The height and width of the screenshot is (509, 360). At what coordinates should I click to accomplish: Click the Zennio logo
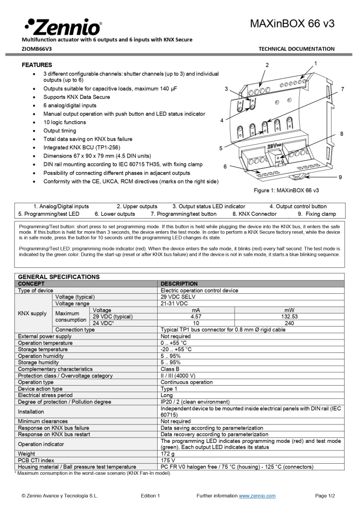tap(63, 26)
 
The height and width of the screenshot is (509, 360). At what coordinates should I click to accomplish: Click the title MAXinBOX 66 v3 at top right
tap(292, 23)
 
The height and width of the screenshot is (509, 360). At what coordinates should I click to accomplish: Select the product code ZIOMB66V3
tap(36, 49)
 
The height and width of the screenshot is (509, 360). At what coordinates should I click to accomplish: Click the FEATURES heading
tap(37, 65)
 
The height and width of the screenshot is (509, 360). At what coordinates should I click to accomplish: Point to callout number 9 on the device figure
tap(340, 177)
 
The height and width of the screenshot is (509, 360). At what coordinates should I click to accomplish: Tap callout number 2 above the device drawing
tap(267, 65)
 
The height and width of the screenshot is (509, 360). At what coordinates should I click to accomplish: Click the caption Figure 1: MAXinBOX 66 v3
tap(286, 190)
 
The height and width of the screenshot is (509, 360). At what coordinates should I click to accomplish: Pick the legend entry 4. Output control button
tap(298, 206)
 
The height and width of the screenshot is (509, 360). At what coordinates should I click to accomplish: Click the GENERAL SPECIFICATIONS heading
tap(59, 277)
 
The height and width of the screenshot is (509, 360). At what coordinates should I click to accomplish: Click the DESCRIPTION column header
tap(179, 284)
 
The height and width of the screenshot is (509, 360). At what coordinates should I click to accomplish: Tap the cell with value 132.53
tap(289, 316)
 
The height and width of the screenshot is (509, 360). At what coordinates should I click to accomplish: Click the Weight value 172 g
tap(168, 454)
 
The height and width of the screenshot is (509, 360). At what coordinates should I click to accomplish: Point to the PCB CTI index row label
tap(36, 460)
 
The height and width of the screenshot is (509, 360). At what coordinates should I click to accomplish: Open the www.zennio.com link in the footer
tap(257, 496)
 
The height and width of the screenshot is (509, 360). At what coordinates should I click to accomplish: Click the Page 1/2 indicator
tap(325, 496)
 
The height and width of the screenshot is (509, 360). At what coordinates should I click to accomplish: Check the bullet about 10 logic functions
tap(65, 122)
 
